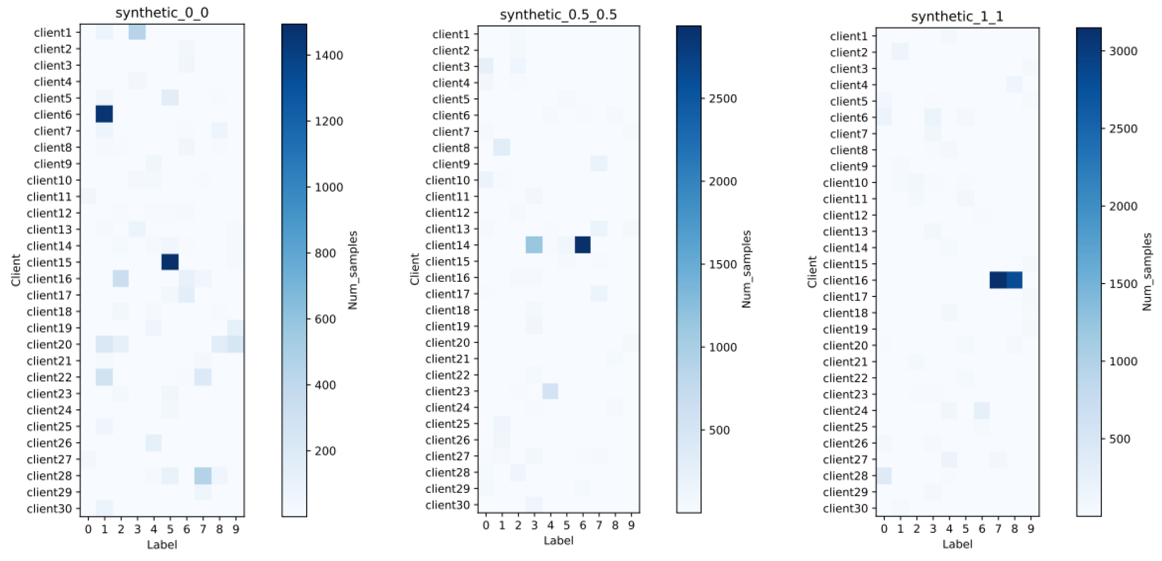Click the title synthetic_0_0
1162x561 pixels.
coord(161,12)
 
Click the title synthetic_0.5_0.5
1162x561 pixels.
coord(558,15)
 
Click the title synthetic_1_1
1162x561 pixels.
coord(957,16)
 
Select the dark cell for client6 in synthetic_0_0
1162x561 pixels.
coord(104,114)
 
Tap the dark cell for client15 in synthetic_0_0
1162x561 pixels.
coord(170,262)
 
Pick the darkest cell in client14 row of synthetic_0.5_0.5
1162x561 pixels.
coord(582,245)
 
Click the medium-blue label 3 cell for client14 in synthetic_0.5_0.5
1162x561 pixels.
coord(534,245)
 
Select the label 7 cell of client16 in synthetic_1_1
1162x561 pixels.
coord(998,280)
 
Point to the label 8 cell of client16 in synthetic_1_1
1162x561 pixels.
coord(1014,280)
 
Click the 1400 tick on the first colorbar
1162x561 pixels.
coord(329,55)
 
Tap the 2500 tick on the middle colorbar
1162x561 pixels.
coord(723,99)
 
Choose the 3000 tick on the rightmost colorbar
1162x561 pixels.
coord(1123,51)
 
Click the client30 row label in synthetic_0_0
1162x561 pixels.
coord(49,509)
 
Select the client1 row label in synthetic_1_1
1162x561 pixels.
coord(849,36)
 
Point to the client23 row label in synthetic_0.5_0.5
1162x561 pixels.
coord(448,391)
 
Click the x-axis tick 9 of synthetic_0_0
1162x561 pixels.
coord(235,529)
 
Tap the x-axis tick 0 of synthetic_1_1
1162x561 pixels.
coord(884,529)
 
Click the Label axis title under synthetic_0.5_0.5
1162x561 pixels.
coord(558,540)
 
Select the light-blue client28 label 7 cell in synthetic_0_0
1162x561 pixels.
coord(203,476)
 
